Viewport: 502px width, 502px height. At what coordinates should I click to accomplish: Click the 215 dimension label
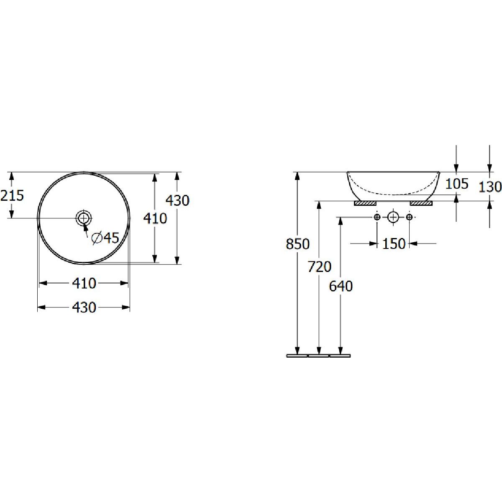pyautogui.click(x=12, y=195)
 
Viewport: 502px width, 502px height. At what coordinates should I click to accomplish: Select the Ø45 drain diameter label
pyautogui.click(x=105, y=238)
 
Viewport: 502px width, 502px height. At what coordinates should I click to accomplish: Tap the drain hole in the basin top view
pyautogui.click(x=84, y=218)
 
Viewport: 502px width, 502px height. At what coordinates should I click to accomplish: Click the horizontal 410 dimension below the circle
pyautogui.click(x=84, y=283)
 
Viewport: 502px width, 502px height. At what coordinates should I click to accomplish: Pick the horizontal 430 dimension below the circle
pyautogui.click(x=84, y=307)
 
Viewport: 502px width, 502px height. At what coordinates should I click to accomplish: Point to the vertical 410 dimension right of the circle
pyautogui.click(x=155, y=218)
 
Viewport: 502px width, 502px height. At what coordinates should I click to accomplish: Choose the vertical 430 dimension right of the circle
pyautogui.click(x=177, y=201)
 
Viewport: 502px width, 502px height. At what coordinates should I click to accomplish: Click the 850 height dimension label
pyautogui.click(x=298, y=244)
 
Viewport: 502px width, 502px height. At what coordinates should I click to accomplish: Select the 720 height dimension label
pyautogui.click(x=319, y=266)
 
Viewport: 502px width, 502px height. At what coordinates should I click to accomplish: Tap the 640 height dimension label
pyautogui.click(x=341, y=286)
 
